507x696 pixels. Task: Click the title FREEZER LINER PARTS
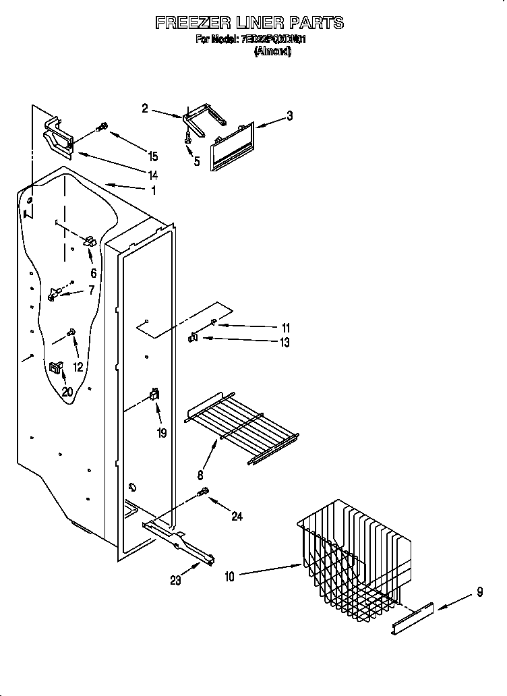click(249, 23)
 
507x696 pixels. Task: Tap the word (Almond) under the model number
click(272, 51)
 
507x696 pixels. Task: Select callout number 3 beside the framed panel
click(289, 116)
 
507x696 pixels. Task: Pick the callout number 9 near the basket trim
click(479, 593)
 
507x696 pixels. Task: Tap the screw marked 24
click(202, 494)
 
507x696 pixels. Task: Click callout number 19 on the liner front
click(162, 434)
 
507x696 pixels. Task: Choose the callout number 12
click(79, 367)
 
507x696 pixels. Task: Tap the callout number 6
click(93, 273)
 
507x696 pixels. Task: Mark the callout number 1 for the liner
click(153, 191)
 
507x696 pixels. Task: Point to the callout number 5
click(197, 162)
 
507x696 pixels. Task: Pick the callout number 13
click(285, 343)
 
